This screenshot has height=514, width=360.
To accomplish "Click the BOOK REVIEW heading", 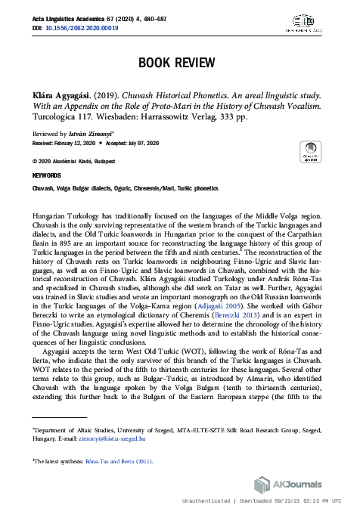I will coord(180,63).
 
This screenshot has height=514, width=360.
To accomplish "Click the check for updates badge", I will coord(310,151).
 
